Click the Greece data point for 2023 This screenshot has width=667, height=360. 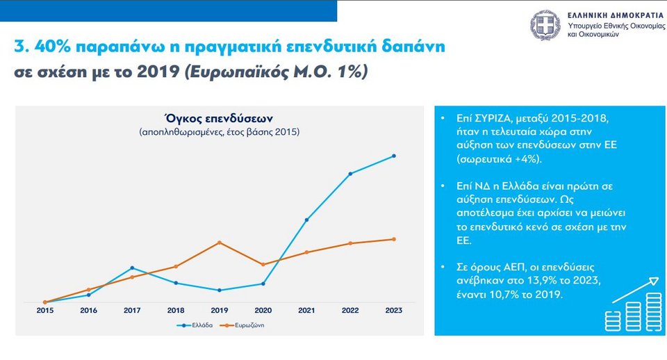[x=394, y=156]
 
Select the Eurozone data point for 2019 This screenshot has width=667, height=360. [x=220, y=243]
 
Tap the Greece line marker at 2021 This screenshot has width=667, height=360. [x=306, y=220]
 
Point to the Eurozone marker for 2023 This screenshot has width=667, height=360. [x=394, y=239]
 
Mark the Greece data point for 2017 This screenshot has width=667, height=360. [x=132, y=268]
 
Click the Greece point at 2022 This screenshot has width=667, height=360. [x=350, y=174]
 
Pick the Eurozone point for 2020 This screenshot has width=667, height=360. [x=263, y=264]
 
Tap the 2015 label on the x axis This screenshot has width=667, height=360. [x=44, y=310]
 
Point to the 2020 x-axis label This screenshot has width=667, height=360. [x=263, y=310]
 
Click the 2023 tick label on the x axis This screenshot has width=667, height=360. [x=394, y=310]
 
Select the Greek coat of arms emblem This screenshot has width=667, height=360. [x=545, y=25]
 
